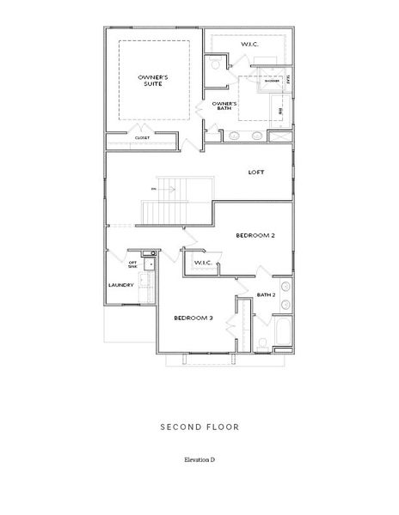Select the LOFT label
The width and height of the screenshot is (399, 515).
click(256, 172)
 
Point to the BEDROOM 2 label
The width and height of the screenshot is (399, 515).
click(255, 234)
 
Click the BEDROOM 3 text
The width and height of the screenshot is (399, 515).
click(193, 318)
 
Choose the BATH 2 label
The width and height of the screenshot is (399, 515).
click(266, 294)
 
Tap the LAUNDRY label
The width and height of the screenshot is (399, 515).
click(120, 285)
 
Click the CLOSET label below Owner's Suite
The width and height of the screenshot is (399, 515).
click(142, 137)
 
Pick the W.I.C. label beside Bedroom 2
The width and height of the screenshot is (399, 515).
click(203, 263)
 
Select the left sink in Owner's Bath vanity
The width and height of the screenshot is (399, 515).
click(234, 136)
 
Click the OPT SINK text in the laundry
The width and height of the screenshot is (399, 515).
click(133, 265)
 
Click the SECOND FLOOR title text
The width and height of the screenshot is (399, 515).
click(199, 426)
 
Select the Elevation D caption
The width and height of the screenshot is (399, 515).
click(199, 460)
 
